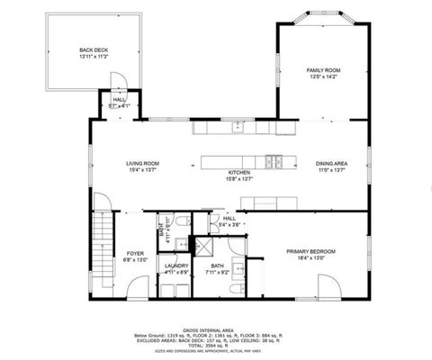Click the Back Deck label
[x=94, y=50]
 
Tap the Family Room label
[x=323, y=70]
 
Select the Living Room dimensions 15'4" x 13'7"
[x=142, y=169]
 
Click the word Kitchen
[x=238, y=172]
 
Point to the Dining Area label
[x=331, y=163]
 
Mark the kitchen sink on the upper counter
[x=238, y=127]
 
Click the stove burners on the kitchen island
[x=278, y=163]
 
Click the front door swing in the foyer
[x=138, y=287]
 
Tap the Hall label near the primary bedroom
[x=229, y=218]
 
